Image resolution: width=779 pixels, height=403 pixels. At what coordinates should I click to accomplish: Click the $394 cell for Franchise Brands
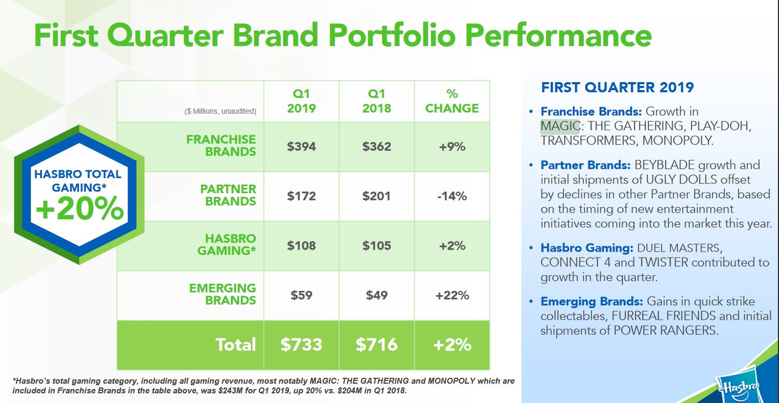coord(301,146)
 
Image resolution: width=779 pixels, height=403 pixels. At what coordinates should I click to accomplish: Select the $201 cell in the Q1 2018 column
coord(377,196)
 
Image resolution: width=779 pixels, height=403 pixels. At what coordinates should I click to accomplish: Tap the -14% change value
coord(452,196)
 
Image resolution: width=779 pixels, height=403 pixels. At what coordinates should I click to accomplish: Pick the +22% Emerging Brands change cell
coord(452,295)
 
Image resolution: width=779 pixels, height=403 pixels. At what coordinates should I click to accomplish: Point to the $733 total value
coord(301,345)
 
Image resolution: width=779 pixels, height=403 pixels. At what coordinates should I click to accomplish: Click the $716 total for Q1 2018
coord(377,345)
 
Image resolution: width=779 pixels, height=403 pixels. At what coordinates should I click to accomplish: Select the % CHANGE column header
coord(452,101)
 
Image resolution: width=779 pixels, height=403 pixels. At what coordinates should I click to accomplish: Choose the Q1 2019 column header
coord(301,101)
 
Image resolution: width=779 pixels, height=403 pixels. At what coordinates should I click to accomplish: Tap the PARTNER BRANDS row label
coord(228,195)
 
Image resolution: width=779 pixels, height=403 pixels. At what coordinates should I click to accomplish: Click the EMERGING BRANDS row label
coord(222,295)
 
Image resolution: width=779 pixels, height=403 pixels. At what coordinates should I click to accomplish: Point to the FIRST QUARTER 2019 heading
coord(617,87)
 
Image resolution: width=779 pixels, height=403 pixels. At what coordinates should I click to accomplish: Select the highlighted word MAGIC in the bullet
coord(560,126)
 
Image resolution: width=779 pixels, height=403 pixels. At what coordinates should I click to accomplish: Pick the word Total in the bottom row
coord(236,345)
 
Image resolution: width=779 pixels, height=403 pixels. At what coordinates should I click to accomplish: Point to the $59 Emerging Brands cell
coord(301,295)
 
